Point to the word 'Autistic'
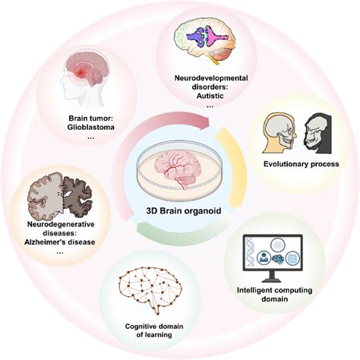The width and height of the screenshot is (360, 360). pos(205,97)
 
